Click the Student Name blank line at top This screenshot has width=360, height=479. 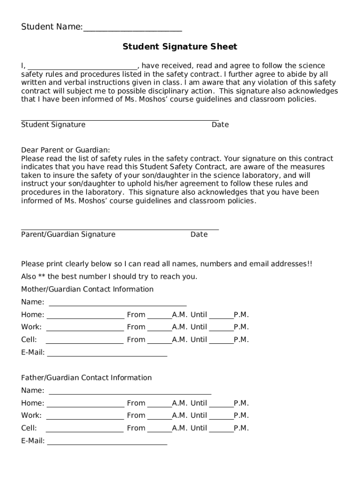[132, 29]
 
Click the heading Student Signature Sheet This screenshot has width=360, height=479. [180, 47]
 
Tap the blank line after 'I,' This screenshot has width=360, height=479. [82, 67]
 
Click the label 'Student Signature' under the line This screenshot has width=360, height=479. [53, 124]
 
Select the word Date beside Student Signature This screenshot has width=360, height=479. [220, 124]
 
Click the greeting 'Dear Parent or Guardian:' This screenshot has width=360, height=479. [65, 150]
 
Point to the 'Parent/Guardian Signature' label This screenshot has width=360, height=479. [68, 234]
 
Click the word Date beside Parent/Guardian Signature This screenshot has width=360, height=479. [199, 234]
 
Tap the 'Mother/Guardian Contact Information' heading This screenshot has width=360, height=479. [87, 289]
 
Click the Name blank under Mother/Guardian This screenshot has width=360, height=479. [117, 304]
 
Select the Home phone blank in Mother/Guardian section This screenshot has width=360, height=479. [85, 317]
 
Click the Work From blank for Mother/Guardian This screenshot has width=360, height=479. [159, 329]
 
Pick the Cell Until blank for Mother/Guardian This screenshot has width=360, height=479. [221, 341]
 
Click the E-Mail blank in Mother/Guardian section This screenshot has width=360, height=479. [107, 355]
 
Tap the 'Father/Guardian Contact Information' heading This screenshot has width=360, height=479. [86, 377]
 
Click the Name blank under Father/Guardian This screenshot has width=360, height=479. [130, 392]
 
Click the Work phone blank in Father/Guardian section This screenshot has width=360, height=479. [85, 417]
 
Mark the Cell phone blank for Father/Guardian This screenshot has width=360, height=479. [85, 430]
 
